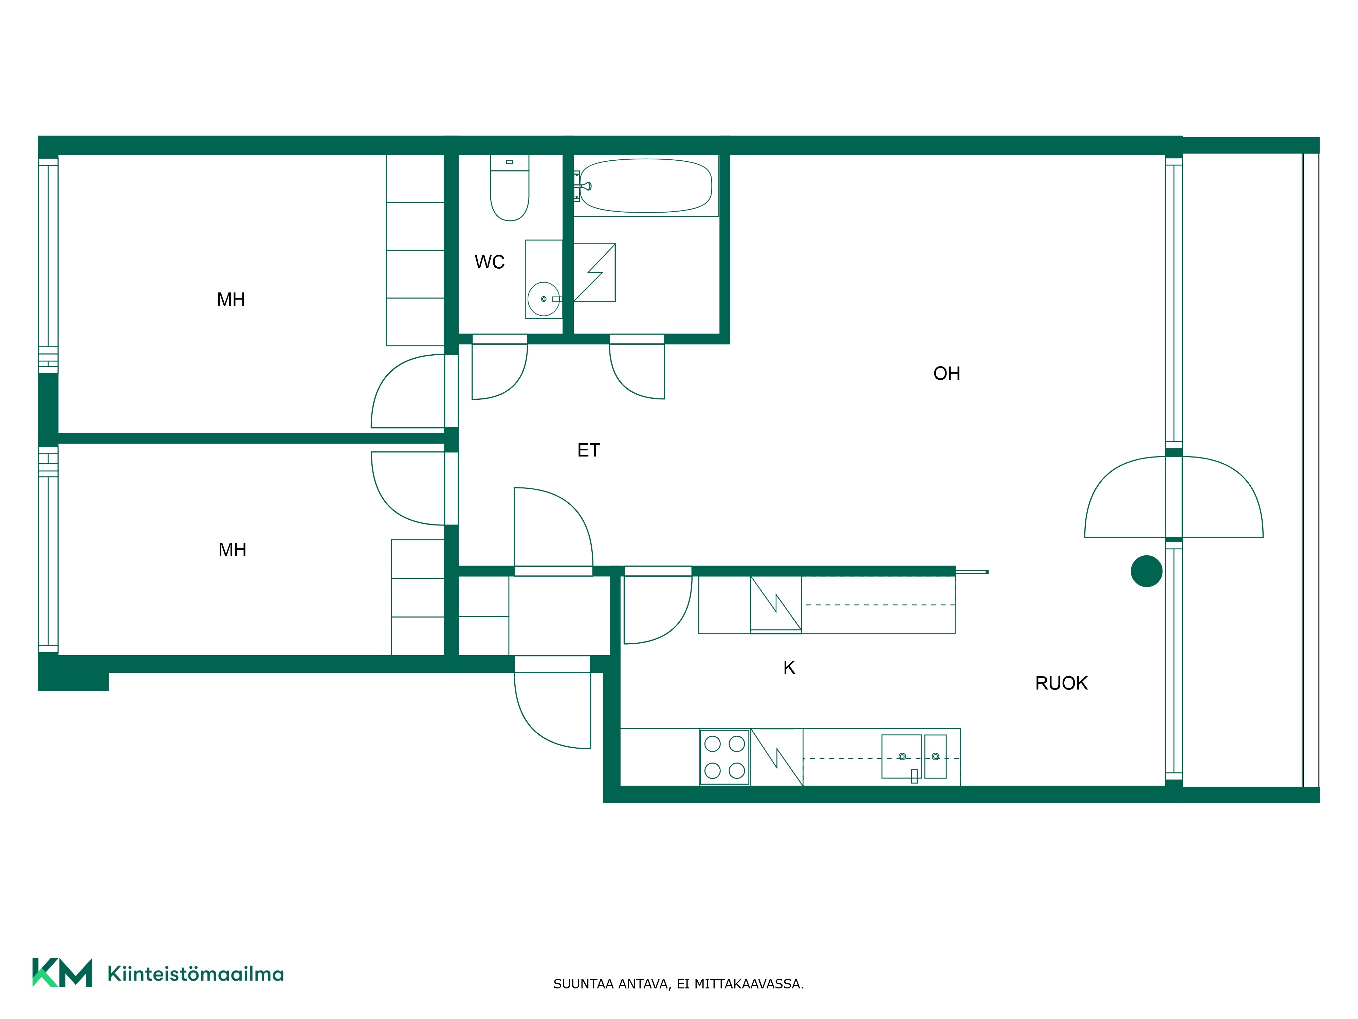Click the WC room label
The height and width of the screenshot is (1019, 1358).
[x=489, y=262]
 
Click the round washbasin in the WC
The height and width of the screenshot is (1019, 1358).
[x=543, y=299]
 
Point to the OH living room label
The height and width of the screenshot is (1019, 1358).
[x=946, y=373]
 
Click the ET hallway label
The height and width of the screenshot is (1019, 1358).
[x=588, y=450]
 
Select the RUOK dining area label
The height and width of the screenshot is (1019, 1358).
[x=1061, y=683]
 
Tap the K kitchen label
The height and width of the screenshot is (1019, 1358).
[x=789, y=668]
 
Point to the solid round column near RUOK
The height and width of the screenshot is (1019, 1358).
[x=1146, y=571]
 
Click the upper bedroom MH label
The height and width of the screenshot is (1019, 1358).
[x=231, y=300]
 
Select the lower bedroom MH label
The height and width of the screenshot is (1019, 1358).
[x=232, y=550]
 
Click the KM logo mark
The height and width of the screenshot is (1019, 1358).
[x=62, y=972]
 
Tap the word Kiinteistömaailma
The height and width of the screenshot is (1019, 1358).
[x=195, y=973]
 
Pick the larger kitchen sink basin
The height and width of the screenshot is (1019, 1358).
[x=901, y=756]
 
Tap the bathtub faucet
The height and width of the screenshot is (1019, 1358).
[x=586, y=185]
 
